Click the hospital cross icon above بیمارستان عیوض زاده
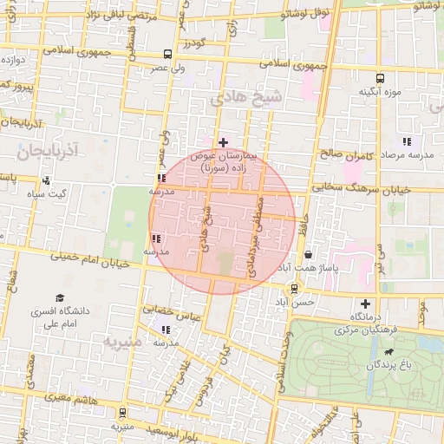tap(223, 142)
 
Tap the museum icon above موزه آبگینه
tap(364, 75)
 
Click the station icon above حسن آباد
tap(295, 288)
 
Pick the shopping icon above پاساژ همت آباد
tap(310, 255)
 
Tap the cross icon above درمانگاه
tap(365, 304)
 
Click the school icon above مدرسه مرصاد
tap(406, 142)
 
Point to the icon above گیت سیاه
tap(46, 181)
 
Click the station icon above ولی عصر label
tap(167, 53)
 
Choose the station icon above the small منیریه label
tap(121, 412)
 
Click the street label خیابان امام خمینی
tap(91, 259)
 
